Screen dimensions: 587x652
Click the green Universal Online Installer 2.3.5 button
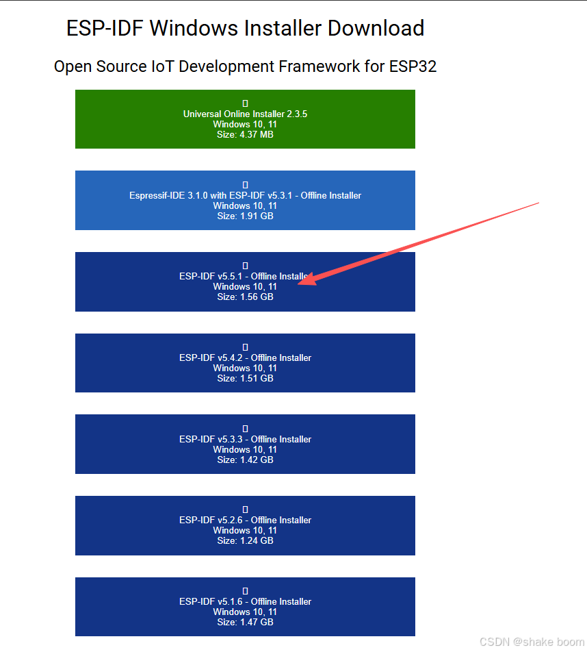(245, 119)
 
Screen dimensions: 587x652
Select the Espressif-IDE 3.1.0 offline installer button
(245, 200)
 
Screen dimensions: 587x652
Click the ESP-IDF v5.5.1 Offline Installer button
(245, 281)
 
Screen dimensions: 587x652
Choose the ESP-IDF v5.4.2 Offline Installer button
(245, 363)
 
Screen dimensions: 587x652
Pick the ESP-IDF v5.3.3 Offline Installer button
(245, 444)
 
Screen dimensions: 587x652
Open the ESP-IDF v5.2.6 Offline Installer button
(245, 525)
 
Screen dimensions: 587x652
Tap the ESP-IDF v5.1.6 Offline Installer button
(245, 607)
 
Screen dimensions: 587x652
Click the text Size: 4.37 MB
(245, 135)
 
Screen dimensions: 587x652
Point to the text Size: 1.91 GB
(245, 216)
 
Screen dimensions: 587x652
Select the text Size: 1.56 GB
(245, 297)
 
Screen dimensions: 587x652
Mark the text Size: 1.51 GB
(245, 378)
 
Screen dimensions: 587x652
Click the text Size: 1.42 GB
(245, 460)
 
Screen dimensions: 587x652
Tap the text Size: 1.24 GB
(245, 540)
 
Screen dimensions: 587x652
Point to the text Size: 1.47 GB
(245, 622)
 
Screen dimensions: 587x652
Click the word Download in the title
(376, 29)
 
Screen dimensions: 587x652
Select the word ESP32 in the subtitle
(413, 66)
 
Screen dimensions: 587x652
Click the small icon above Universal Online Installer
(245, 103)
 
